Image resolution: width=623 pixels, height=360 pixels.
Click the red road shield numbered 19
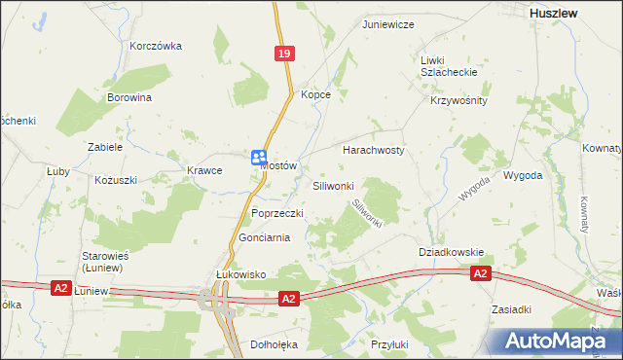click(283, 56)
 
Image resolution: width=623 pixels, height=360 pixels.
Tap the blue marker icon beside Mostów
click(259, 158)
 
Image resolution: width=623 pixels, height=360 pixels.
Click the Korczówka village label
click(157, 46)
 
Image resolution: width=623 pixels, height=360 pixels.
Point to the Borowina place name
click(129, 98)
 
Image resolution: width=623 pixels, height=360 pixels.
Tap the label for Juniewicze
click(388, 23)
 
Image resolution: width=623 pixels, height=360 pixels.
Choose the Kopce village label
click(316, 94)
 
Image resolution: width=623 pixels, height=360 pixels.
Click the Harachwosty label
click(374, 151)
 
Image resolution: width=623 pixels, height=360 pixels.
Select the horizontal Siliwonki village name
click(339, 185)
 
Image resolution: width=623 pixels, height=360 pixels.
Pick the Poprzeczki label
click(278, 213)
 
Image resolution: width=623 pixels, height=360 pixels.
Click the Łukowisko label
click(240, 275)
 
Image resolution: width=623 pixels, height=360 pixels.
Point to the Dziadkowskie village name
click(452, 252)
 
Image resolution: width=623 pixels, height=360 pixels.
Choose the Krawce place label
click(205, 170)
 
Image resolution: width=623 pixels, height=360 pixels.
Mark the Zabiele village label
click(104, 147)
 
